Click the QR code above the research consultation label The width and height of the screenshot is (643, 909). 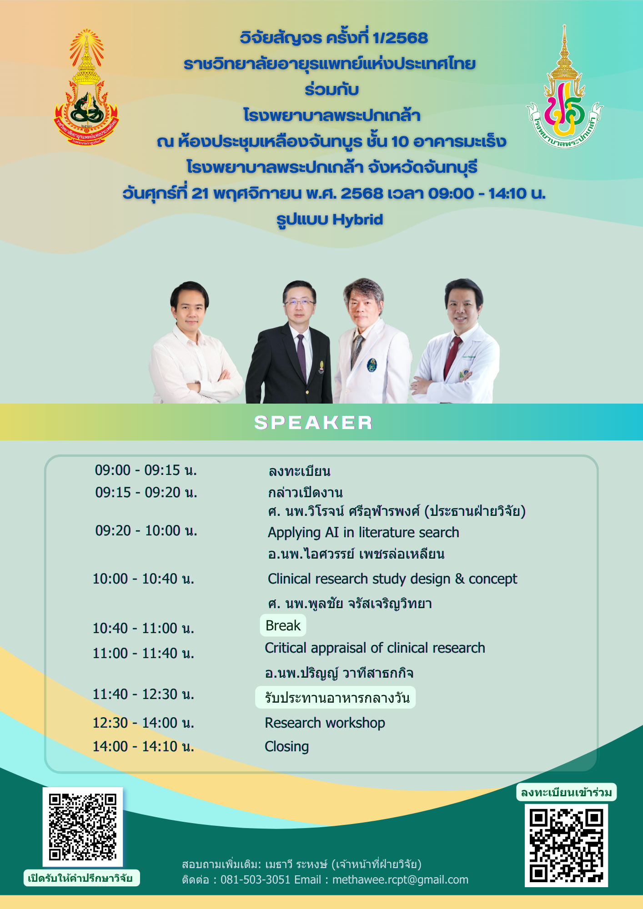(x=83, y=827)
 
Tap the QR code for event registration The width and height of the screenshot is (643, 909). (x=566, y=845)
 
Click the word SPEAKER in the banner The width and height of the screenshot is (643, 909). (x=313, y=423)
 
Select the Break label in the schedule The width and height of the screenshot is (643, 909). (x=283, y=626)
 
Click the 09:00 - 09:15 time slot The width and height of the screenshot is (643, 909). (x=146, y=470)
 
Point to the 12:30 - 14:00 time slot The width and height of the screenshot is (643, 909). (x=144, y=723)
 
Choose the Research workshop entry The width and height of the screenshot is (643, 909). (x=325, y=723)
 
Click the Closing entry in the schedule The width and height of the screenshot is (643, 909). (x=287, y=746)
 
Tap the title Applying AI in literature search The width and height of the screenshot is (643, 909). (x=363, y=532)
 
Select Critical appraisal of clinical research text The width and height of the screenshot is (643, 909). (x=375, y=648)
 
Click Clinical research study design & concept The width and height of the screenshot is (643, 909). (x=392, y=579)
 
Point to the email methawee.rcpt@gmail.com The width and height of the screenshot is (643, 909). (x=400, y=880)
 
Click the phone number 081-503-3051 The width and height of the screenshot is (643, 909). (x=256, y=880)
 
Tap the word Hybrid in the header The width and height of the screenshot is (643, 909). (x=357, y=220)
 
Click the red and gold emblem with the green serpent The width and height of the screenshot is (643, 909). (x=86, y=87)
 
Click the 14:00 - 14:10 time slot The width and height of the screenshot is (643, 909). (x=144, y=746)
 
